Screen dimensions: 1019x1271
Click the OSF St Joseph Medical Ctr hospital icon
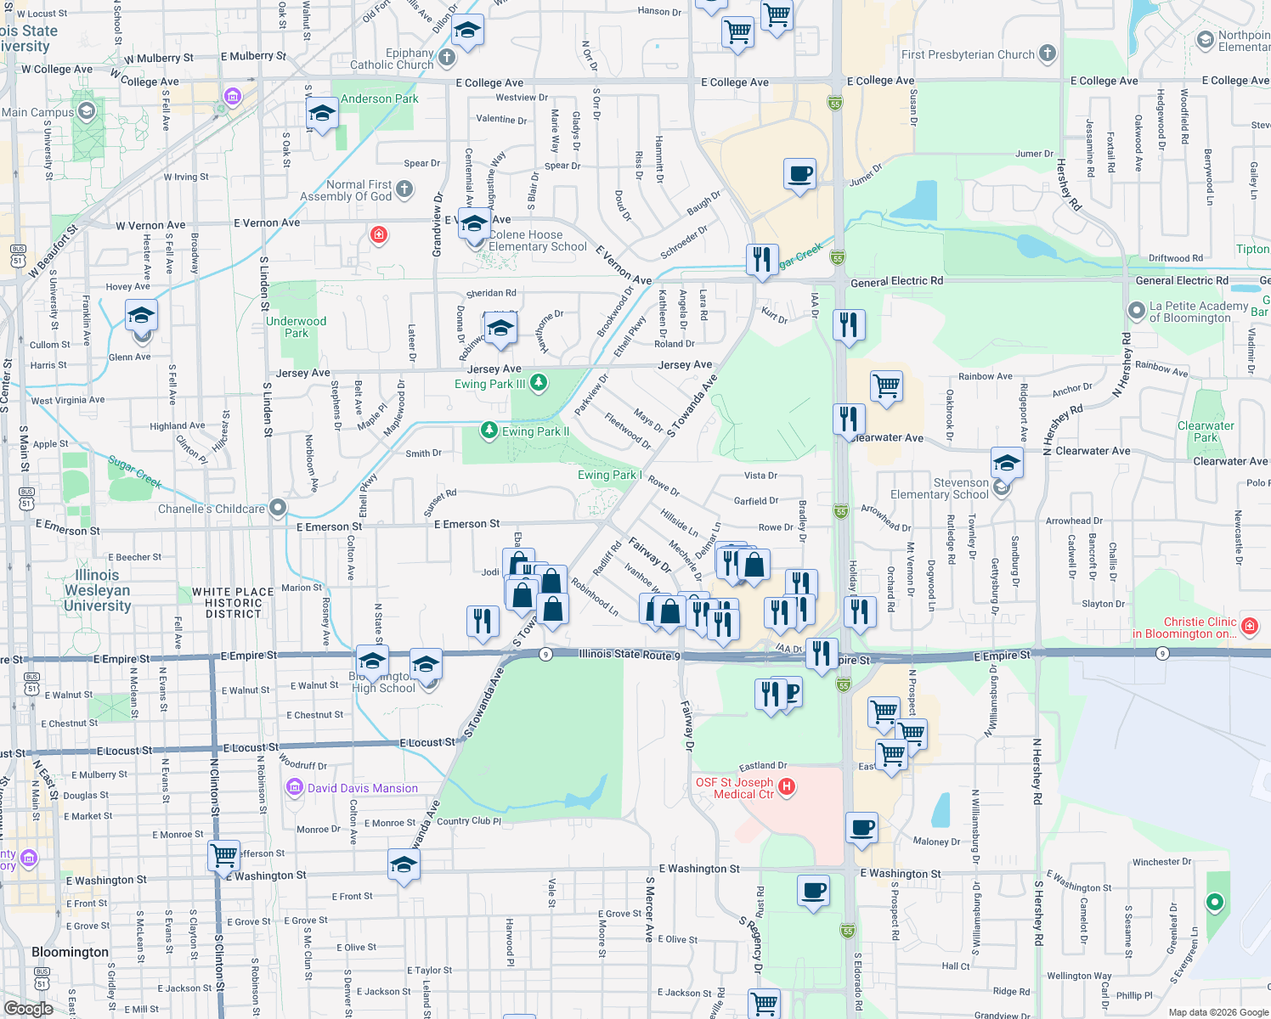pyautogui.click(x=787, y=787)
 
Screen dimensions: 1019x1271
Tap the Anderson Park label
pyautogui.click(x=379, y=99)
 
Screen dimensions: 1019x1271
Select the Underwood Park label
pyautogui.click(x=296, y=327)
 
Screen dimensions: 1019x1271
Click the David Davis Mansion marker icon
pyautogui.click(x=295, y=788)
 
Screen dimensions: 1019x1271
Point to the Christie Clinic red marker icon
pyautogui.click(x=1249, y=627)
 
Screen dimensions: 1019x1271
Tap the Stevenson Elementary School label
pyautogui.click(x=939, y=488)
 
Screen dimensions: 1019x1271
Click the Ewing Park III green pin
pyautogui.click(x=539, y=383)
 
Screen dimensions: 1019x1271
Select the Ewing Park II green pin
pyautogui.click(x=489, y=431)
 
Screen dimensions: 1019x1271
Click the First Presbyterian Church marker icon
pyautogui.click(x=1048, y=53)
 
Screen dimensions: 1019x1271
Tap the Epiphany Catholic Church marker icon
pyautogui.click(x=447, y=58)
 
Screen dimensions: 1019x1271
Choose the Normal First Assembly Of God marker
pyautogui.click(x=404, y=189)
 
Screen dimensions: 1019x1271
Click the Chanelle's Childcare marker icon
pyautogui.click(x=277, y=508)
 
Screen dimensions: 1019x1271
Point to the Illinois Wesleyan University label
pyautogui.click(x=97, y=590)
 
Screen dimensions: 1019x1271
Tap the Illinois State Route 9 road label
pyautogui.click(x=629, y=654)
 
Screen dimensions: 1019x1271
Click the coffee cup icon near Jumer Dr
pyautogui.click(x=799, y=174)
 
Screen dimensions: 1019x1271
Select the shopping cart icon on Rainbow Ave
pyautogui.click(x=886, y=386)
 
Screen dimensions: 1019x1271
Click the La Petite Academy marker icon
pyautogui.click(x=1137, y=311)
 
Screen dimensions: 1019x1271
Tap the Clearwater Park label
pyautogui.click(x=1206, y=431)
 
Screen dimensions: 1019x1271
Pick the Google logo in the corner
pyautogui.click(x=29, y=1008)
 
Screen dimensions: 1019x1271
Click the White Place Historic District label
pyautogui.click(x=233, y=603)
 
